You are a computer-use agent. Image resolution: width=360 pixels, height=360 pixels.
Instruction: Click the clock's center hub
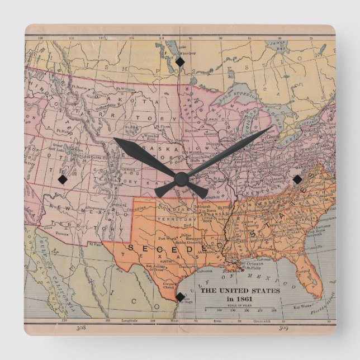(x=181, y=179)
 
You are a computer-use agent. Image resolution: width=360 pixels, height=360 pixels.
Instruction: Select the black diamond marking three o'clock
(x=297, y=179)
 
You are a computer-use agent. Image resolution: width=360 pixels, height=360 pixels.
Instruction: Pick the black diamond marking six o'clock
(x=180, y=298)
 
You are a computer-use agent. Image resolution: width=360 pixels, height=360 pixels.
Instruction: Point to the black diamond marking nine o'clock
(x=62, y=179)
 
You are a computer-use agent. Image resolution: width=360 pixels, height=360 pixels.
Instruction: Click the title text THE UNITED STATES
(x=240, y=291)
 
